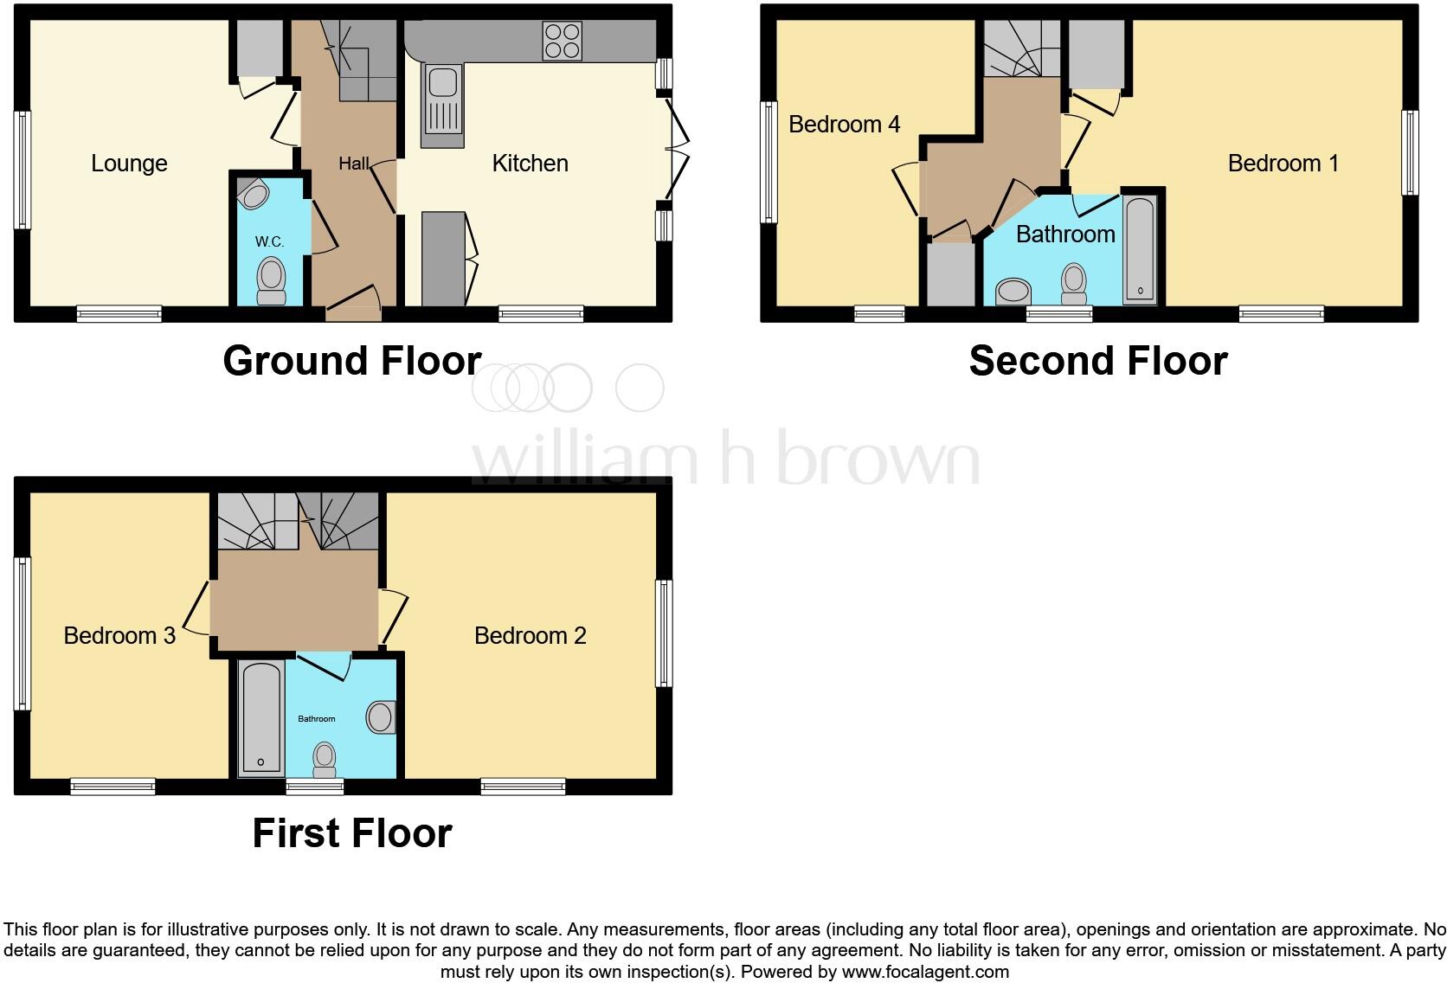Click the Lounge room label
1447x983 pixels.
(x=129, y=164)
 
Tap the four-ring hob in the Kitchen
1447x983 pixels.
(x=562, y=41)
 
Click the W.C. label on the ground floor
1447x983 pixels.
(x=269, y=241)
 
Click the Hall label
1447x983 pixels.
(x=353, y=164)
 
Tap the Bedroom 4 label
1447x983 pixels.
(x=844, y=125)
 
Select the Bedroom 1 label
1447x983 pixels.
(x=1283, y=164)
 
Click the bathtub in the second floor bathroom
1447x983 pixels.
(x=1140, y=249)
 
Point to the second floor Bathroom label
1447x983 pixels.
(x=1064, y=235)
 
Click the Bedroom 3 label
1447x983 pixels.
(x=119, y=636)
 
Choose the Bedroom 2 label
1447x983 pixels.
(x=530, y=636)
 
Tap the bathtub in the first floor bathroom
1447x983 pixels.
(x=260, y=717)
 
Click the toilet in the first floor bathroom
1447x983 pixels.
(x=325, y=759)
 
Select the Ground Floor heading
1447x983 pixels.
(x=351, y=361)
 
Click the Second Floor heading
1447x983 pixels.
(x=1097, y=361)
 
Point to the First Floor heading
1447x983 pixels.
(x=351, y=833)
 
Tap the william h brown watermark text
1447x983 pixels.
(x=725, y=458)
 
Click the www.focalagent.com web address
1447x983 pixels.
(x=925, y=972)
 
